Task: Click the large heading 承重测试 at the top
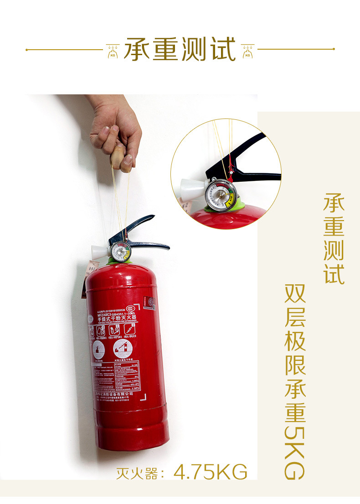coord(180,49)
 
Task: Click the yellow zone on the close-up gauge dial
coord(232,197)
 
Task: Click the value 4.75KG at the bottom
coord(211,472)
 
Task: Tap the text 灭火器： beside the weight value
coord(140,473)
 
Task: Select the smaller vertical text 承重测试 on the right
coord(334,239)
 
